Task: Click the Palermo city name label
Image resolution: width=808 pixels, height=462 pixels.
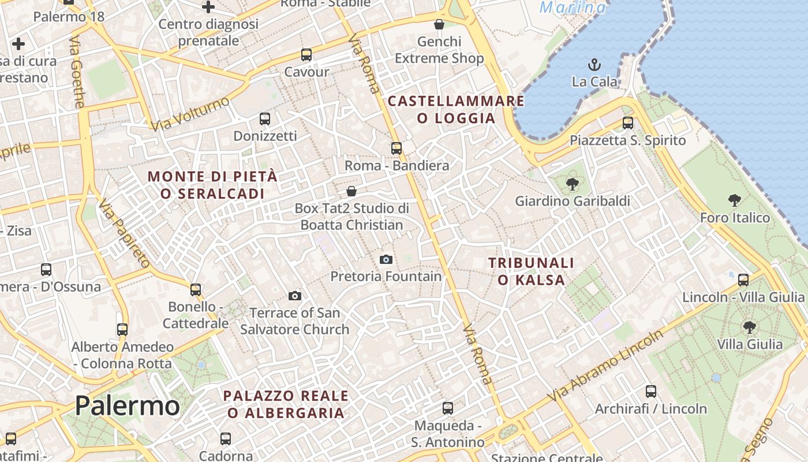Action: (x=127, y=405)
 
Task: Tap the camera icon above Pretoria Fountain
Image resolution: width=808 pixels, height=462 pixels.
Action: (x=386, y=259)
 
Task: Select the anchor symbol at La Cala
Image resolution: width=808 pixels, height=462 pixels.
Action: (x=594, y=64)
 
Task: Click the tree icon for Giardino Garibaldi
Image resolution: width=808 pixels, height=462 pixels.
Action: (x=572, y=184)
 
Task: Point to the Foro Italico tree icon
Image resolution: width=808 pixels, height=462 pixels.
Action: (x=734, y=200)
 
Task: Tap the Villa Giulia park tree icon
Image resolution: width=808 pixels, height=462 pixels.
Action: (x=749, y=327)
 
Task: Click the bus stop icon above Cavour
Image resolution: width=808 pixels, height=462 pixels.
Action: (x=306, y=55)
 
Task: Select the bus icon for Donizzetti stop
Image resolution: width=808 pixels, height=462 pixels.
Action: (x=265, y=119)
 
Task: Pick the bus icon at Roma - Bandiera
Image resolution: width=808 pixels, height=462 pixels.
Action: (x=396, y=148)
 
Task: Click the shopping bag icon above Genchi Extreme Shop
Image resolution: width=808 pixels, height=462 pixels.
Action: (x=439, y=24)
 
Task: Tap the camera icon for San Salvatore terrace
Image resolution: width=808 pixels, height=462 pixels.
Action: (x=295, y=296)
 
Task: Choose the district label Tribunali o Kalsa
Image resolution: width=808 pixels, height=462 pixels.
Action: (x=531, y=271)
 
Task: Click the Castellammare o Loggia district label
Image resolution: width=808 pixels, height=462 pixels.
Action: (x=456, y=110)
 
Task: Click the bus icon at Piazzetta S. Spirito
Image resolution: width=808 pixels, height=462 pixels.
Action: (x=627, y=123)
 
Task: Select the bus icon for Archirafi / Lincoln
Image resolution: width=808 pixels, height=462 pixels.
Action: (x=651, y=392)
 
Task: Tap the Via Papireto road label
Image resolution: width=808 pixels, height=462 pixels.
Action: (x=124, y=233)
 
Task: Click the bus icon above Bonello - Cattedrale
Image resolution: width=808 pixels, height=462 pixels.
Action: (x=196, y=289)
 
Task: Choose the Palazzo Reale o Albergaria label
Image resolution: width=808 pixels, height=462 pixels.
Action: (x=286, y=404)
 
